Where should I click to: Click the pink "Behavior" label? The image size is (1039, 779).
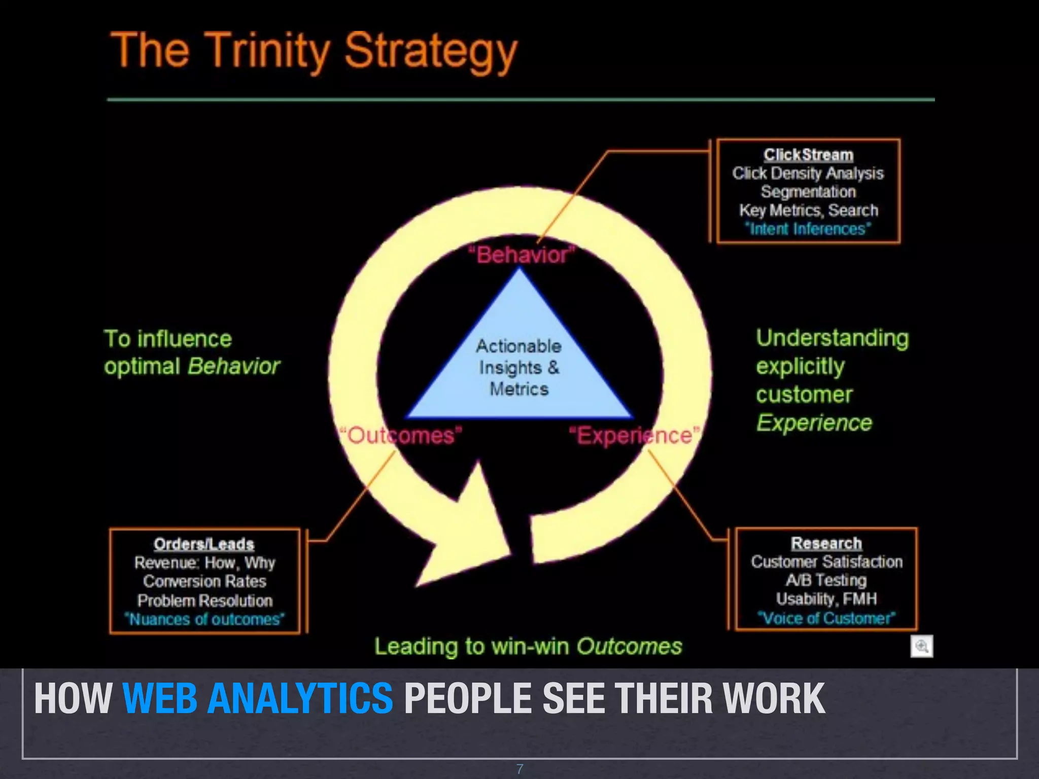(522, 255)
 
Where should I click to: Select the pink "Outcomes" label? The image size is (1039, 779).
(401, 436)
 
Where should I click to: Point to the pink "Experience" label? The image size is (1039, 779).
(634, 436)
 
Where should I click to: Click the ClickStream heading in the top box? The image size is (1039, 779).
(808, 155)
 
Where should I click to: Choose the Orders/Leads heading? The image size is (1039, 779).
(204, 544)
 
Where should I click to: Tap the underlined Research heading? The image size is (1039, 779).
(826, 543)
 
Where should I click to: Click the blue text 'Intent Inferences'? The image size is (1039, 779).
(808, 229)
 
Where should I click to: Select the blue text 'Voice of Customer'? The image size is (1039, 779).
(826, 618)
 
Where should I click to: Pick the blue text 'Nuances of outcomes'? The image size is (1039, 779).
(204, 619)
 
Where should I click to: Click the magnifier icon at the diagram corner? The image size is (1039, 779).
(921, 647)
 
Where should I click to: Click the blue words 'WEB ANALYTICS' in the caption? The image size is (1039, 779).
(258, 698)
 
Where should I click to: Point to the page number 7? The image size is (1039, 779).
(519, 769)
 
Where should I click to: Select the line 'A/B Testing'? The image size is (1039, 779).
(826, 580)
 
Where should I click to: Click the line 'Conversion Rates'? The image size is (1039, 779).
(204, 581)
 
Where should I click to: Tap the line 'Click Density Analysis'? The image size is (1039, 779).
(808, 173)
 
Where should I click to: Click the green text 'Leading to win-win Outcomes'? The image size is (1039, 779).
(528, 647)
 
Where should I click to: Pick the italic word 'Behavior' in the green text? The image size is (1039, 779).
(234, 366)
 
